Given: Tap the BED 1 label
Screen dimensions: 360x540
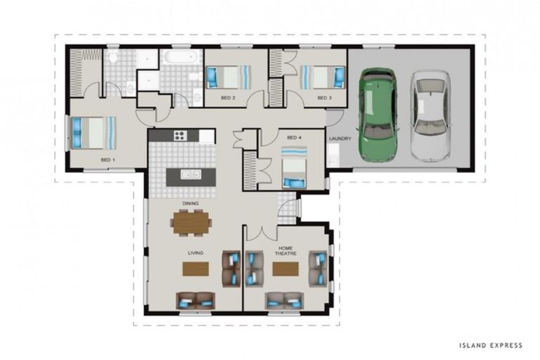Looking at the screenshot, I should point(108,160).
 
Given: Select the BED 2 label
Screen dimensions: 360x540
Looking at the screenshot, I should point(227,98).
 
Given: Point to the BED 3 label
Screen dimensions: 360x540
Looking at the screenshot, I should point(323,98).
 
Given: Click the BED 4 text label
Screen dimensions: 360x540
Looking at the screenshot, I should point(294,137).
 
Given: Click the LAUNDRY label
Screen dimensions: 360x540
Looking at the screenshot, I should point(340,139).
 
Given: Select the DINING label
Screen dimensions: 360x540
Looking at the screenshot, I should point(190,203).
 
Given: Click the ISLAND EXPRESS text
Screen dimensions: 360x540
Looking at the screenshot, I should point(490,345).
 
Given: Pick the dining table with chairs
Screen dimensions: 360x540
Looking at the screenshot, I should point(191,223).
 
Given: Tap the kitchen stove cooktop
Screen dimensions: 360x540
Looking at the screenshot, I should point(179,136).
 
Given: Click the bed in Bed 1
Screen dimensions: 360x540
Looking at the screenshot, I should point(93,132).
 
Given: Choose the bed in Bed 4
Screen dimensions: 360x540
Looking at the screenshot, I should point(294,167).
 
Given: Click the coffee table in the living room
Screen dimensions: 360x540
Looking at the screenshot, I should point(195,269).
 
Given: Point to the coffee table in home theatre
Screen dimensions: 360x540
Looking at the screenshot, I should point(285,269).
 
